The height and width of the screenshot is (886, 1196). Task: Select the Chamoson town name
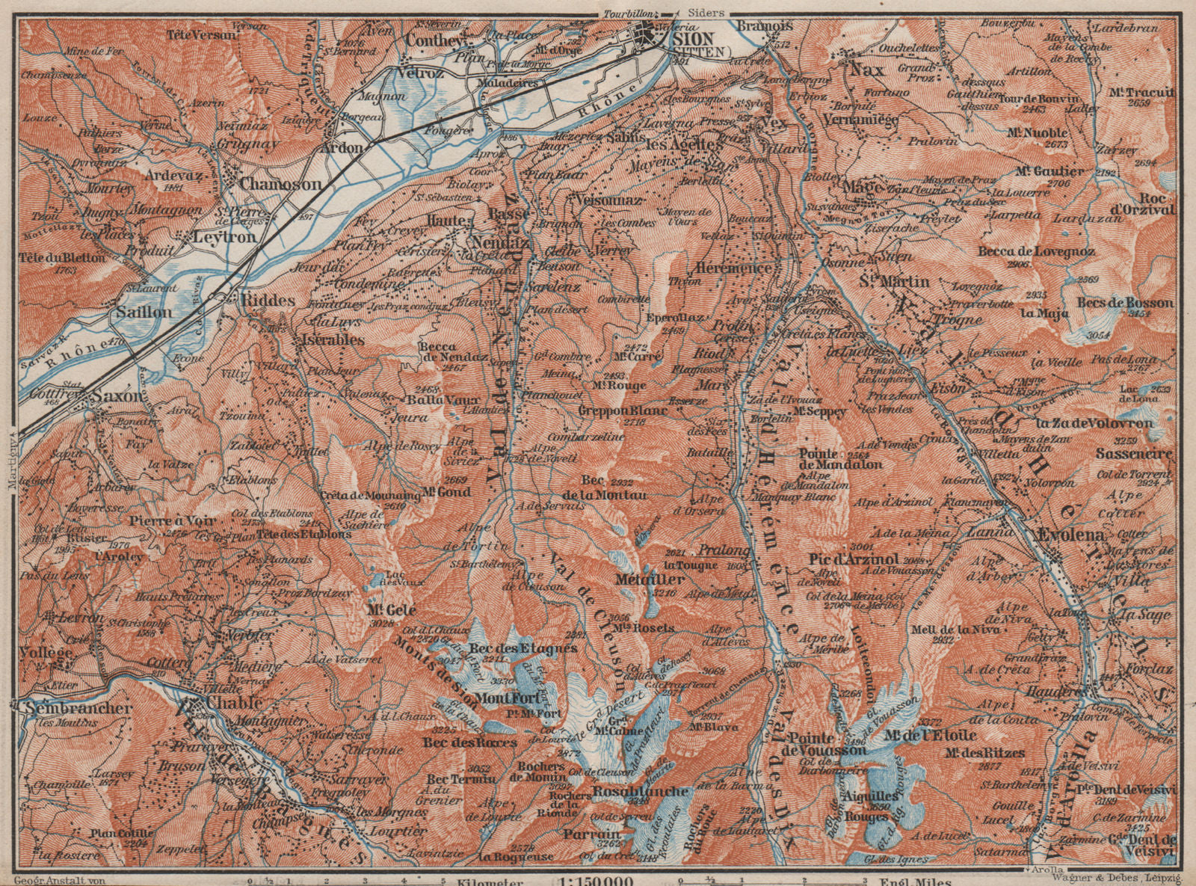(x=280, y=184)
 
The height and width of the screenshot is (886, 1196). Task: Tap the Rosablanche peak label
(x=640, y=791)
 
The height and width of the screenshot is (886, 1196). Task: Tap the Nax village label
(x=866, y=70)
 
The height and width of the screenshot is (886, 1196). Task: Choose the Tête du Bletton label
(x=64, y=256)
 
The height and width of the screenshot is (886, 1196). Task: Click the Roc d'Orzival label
(x=1147, y=204)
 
